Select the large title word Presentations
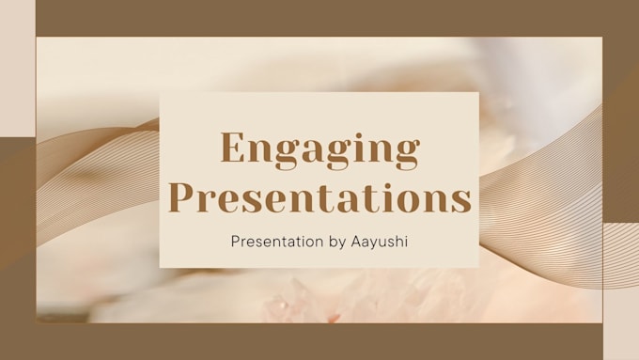pos(319,198)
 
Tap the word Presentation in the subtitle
pos(270,242)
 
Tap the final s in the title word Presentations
pos(460,200)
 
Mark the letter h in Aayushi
pos(398,241)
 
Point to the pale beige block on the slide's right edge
pos(620,291)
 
